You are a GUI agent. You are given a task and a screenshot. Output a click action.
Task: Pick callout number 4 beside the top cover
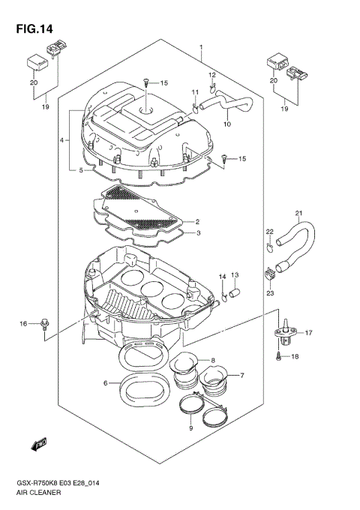point(61,139)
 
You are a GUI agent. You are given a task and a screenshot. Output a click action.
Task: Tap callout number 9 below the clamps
point(190,427)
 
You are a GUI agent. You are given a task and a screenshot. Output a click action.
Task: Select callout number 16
point(22,323)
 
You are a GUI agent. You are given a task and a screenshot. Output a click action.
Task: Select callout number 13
point(234,275)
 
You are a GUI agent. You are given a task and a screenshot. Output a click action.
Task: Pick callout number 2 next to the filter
point(196,222)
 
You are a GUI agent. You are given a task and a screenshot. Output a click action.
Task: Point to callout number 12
point(211,75)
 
